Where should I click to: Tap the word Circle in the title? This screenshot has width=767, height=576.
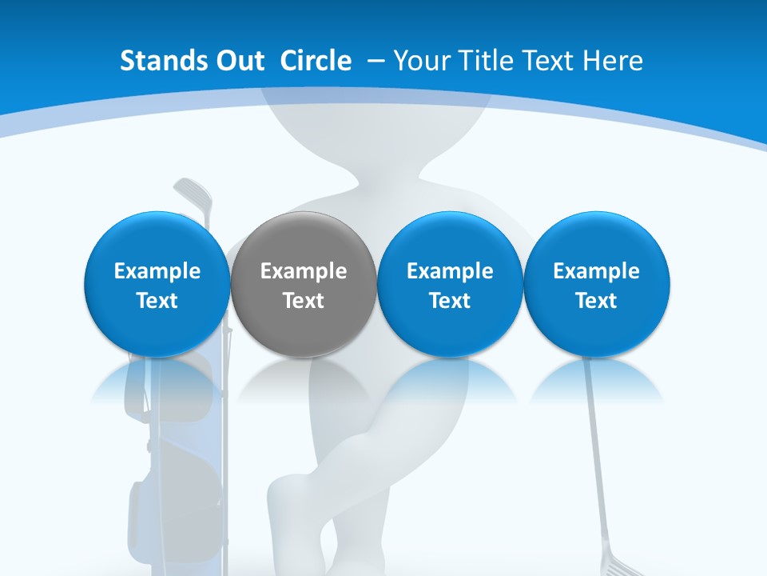pos(316,61)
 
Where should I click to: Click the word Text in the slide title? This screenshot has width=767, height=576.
pos(550,61)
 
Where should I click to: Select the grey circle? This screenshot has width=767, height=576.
pos(304,285)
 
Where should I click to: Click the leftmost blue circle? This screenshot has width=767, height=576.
pos(157,285)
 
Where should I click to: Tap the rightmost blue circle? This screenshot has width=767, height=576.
pos(596,285)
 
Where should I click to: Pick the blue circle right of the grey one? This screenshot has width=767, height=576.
pos(450,285)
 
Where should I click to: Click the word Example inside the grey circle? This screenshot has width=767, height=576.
pos(304,271)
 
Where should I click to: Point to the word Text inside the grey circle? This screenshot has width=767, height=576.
pos(304,301)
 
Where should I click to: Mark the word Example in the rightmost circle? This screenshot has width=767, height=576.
pos(596,271)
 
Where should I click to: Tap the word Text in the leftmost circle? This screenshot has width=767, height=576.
pos(157,301)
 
